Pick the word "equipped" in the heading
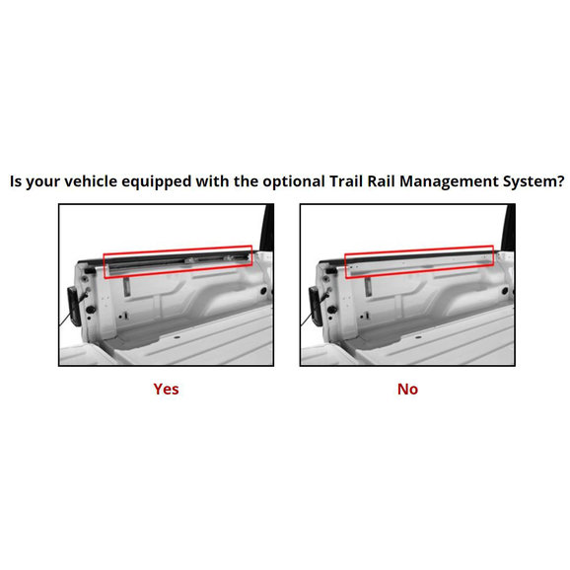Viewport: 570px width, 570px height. point(157,182)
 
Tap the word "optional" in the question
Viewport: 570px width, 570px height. point(294,182)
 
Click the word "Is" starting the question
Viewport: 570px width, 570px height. point(16,181)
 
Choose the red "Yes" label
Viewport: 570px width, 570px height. point(166,389)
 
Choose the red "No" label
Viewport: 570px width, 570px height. point(407,389)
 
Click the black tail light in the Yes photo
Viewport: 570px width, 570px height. point(74,306)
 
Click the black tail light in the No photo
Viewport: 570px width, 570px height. point(316,306)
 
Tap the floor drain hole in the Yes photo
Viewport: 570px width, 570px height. point(178,337)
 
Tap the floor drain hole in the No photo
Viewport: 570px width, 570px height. point(418,337)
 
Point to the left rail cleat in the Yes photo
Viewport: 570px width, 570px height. point(191,260)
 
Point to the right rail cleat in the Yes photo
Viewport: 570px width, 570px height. point(230,258)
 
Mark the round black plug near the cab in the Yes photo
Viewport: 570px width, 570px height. point(263,291)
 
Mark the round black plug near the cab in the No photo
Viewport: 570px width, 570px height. point(505,291)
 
